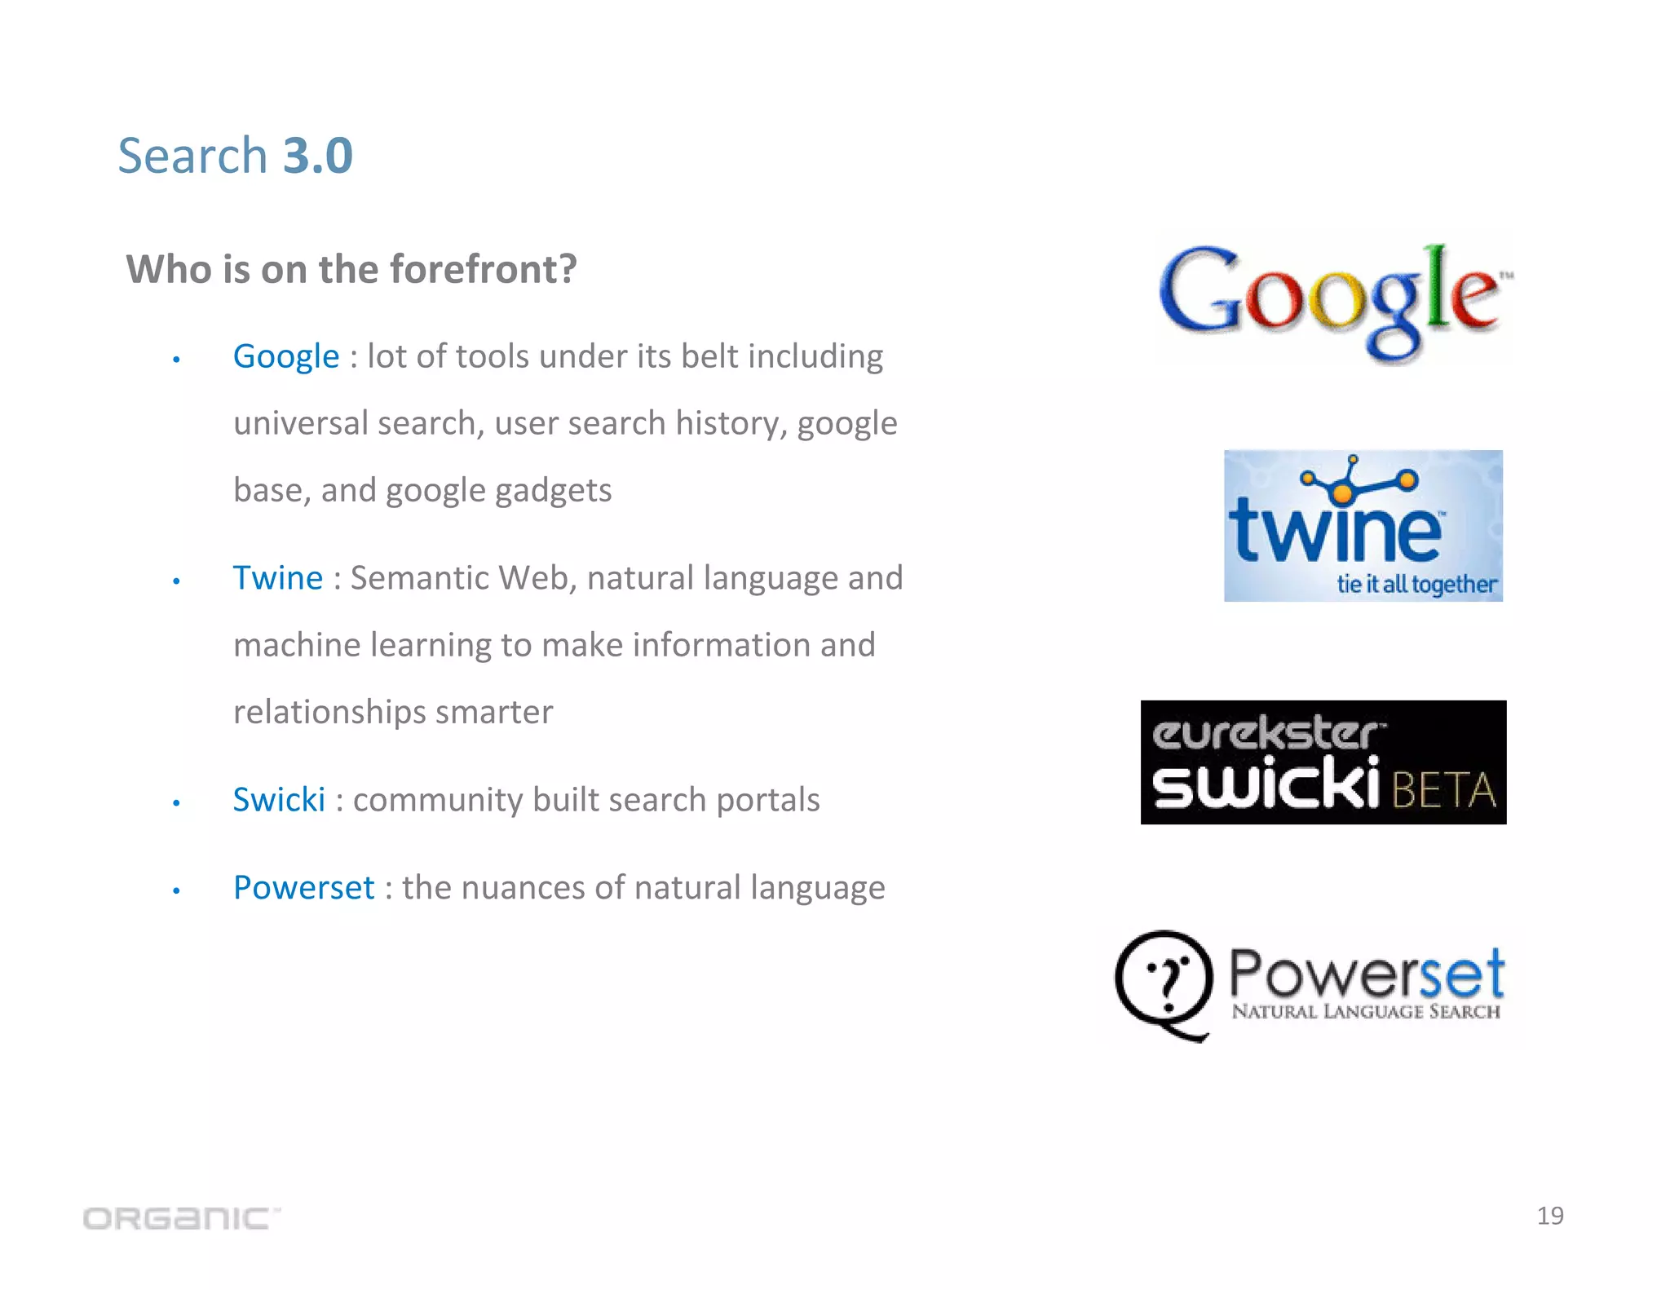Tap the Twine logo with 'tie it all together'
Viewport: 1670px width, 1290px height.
[1363, 526]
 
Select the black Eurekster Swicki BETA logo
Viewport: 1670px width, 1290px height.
[1323, 762]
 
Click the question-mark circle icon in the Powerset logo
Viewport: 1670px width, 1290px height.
[1164, 983]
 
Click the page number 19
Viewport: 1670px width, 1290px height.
[1549, 1216]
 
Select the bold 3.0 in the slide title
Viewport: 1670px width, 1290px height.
[317, 155]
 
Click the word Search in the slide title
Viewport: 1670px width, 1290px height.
[192, 155]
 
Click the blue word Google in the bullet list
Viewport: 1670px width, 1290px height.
[285, 356]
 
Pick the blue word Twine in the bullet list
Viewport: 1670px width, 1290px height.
[277, 578]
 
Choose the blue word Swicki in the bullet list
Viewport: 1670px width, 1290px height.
[278, 800]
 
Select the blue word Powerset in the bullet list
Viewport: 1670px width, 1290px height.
[303, 888]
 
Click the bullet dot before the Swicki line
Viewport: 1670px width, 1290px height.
[176, 803]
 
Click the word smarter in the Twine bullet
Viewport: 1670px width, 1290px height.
[493, 712]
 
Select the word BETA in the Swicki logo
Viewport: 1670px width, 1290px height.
[1443, 789]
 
